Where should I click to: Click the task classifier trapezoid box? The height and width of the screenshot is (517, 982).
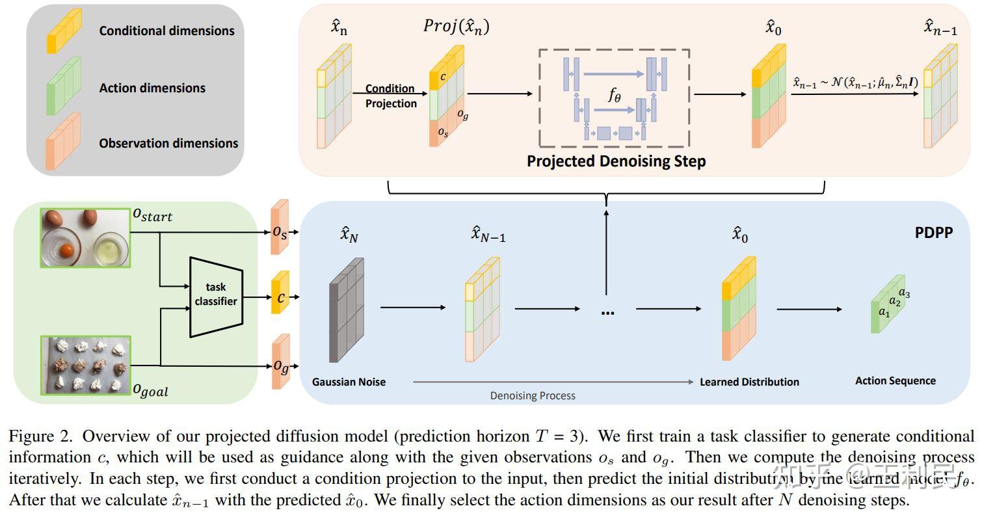[217, 297]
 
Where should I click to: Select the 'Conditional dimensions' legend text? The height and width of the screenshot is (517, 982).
[166, 31]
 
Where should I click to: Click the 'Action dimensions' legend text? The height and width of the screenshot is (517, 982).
[152, 88]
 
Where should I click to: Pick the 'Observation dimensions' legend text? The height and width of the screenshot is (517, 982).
[168, 143]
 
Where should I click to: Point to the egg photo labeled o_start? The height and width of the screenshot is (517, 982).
[85, 237]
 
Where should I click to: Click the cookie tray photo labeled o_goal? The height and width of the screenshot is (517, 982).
[85, 365]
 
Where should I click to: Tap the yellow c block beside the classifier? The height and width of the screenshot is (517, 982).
[280, 297]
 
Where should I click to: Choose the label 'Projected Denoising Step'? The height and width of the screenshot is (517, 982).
[615, 161]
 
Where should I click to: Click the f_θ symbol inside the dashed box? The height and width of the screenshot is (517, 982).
[615, 96]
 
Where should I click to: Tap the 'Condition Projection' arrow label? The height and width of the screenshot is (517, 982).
[390, 96]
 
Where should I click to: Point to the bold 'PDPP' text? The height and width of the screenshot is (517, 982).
[933, 232]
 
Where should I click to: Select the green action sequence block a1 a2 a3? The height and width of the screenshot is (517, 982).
[889, 304]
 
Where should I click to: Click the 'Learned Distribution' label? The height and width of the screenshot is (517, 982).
[749, 382]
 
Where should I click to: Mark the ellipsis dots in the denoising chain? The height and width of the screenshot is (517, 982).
[607, 313]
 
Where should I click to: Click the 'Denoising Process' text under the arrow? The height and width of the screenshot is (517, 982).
[533, 395]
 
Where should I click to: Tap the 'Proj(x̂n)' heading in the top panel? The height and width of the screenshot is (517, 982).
[456, 26]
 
